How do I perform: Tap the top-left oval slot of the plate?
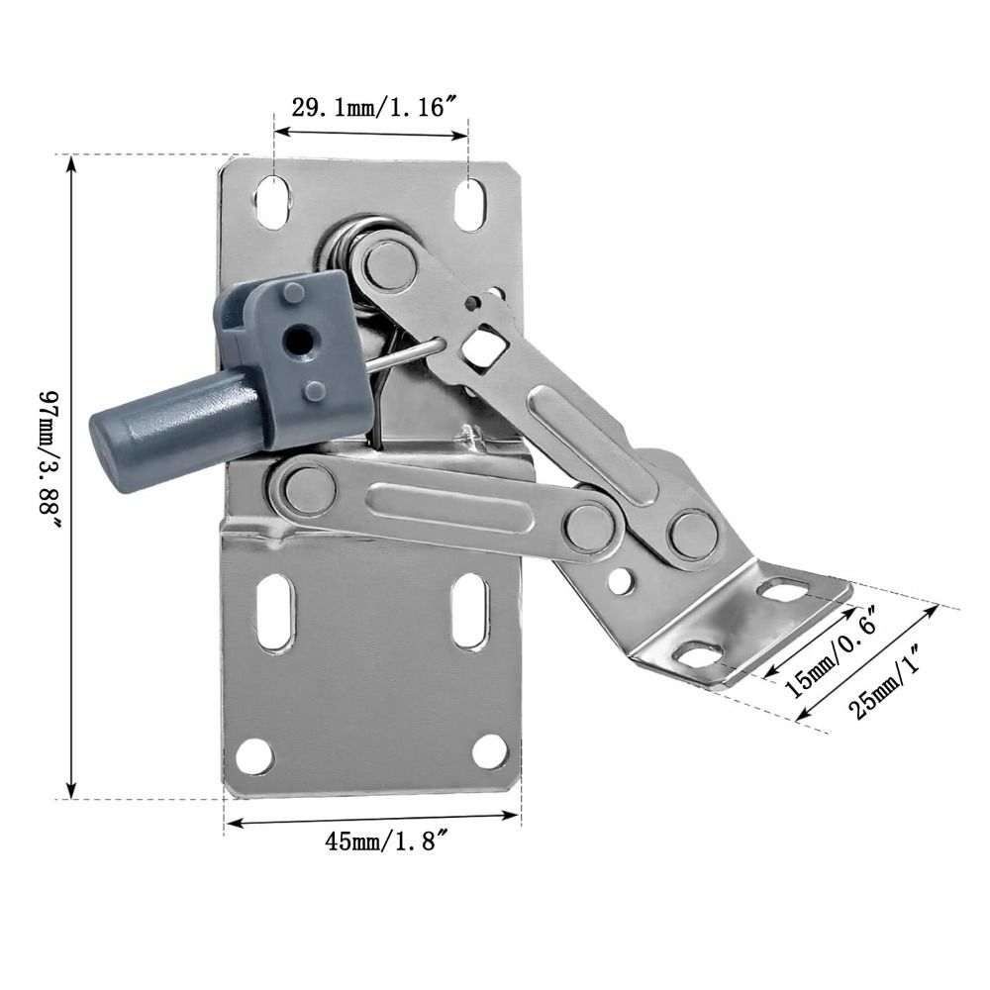pos(271,201)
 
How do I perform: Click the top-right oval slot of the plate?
pos(469,204)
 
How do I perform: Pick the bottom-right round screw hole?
pos(488,751)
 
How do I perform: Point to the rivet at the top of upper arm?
pos(386,261)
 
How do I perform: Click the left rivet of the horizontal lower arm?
pos(304,487)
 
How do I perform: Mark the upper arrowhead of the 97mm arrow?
pos(71,163)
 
